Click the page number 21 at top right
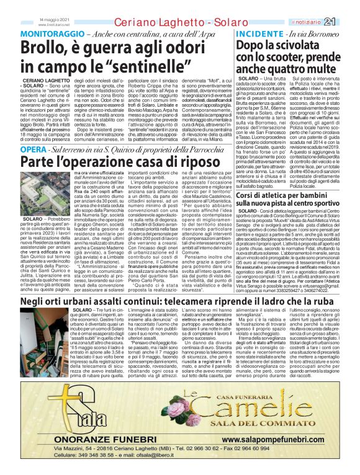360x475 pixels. pos(346,22)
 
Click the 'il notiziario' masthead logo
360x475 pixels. pos(322,23)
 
